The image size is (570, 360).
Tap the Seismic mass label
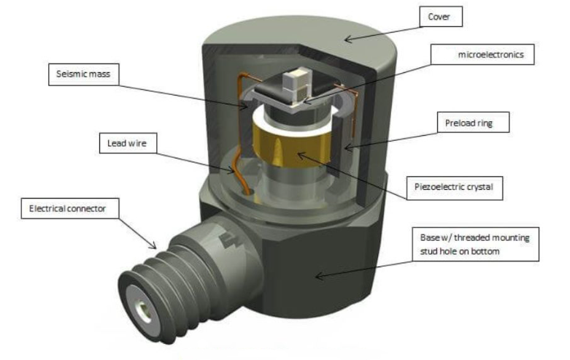tap(82, 74)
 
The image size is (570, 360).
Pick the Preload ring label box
tap(466, 123)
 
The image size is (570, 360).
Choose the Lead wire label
tap(123, 144)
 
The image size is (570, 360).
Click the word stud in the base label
tap(434, 251)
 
